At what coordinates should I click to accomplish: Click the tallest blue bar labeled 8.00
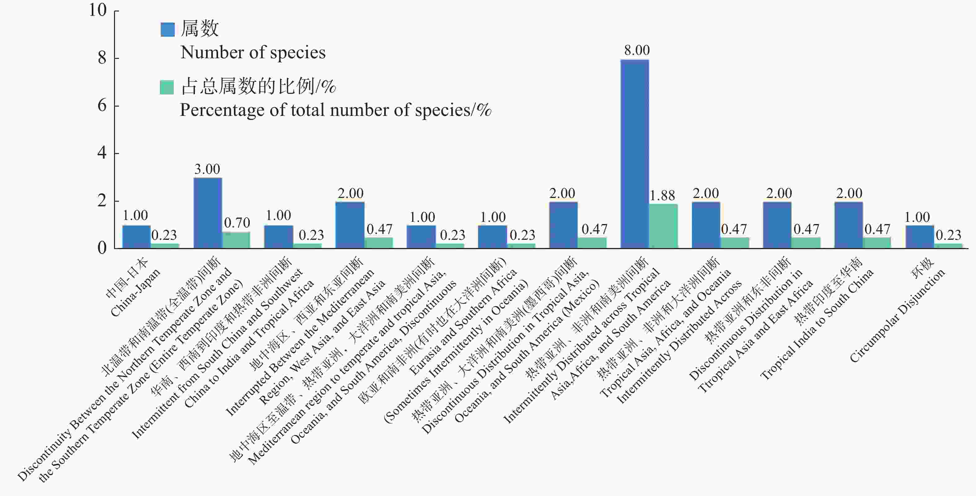tap(634, 153)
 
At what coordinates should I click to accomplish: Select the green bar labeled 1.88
tap(663, 226)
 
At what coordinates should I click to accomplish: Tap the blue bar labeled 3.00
tap(208, 213)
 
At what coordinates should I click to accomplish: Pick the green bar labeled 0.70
tap(236, 240)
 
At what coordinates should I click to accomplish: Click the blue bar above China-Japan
tap(136, 237)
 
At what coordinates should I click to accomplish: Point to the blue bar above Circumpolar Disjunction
tap(920, 237)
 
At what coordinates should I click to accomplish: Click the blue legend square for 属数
tap(167, 29)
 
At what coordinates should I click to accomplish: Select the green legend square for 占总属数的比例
tap(167, 87)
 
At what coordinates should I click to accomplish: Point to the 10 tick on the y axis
tap(98, 10)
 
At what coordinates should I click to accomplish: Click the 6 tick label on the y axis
tap(102, 106)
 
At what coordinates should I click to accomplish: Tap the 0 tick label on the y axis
tap(102, 248)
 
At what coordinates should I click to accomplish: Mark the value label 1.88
tap(662, 195)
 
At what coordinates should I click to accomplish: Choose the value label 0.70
tap(237, 222)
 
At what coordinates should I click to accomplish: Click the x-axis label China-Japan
tap(136, 292)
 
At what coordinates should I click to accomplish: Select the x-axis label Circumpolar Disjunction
tap(897, 316)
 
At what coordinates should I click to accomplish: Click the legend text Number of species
tap(253, 53)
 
